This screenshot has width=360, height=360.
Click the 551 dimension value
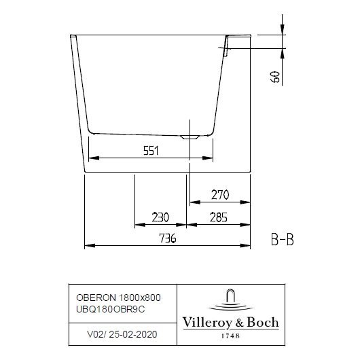[x=151, y=151]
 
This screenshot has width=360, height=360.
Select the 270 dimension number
[x=220, y=195]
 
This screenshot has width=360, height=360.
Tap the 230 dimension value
[x=160, y=217]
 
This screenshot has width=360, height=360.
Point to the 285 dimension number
[x=219, y=217]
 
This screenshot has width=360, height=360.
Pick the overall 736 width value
[x=168, y=238]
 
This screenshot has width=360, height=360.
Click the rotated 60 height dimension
[x=275, y=77]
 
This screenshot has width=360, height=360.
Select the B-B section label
[x=282, y=240]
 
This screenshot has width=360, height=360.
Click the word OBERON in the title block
[x=96, y=298]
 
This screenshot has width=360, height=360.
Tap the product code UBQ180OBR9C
[x=111, y=309]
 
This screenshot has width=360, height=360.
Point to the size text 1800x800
[x=140, y=298]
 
